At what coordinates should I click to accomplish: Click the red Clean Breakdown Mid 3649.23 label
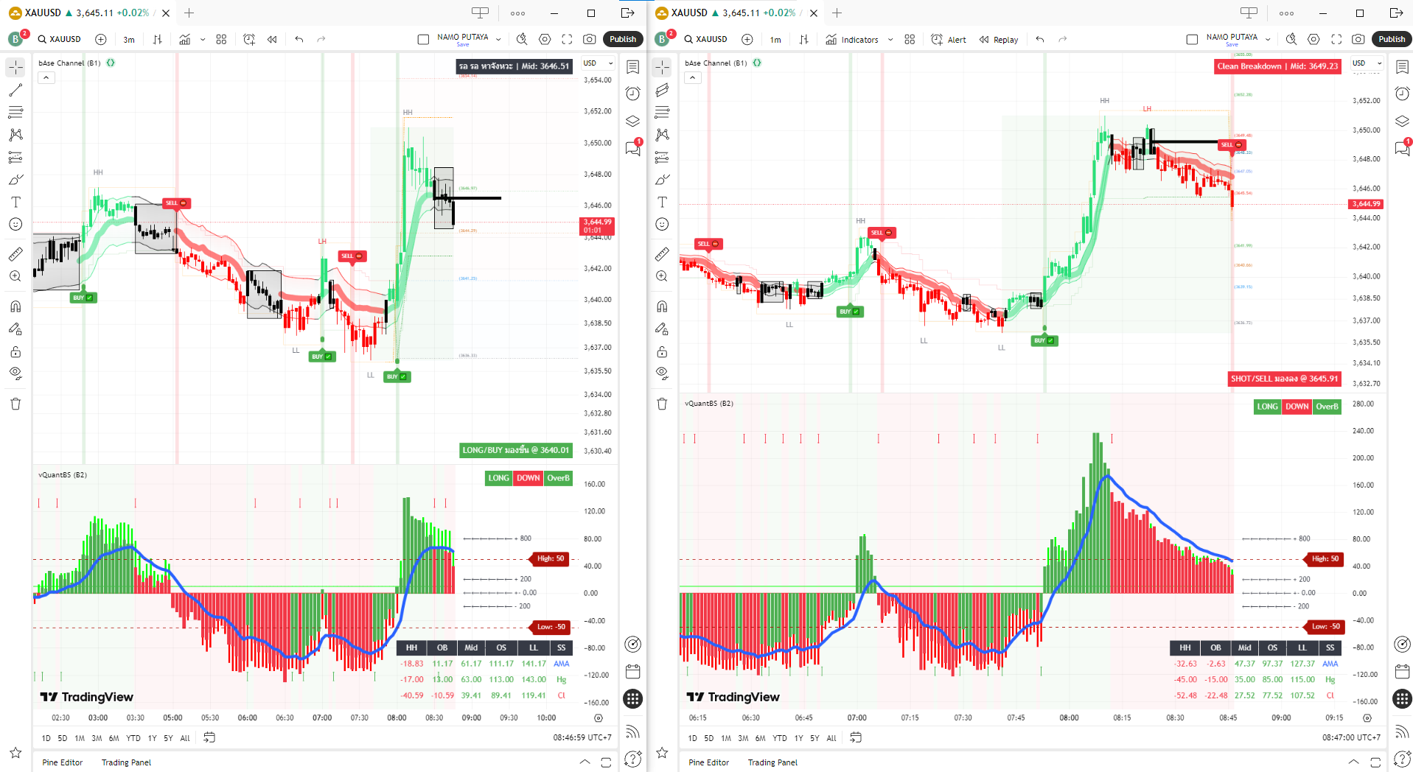pos(1277,66)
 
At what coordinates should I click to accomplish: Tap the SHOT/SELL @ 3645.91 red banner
pos(1284,379)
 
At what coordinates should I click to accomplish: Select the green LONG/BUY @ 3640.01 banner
pos(515,450)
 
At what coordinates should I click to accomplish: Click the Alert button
pos(949,40)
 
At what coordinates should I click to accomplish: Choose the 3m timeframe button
pos(129,40)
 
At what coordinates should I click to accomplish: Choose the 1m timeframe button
pos(775,40)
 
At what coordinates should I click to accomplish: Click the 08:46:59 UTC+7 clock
pos(582,737)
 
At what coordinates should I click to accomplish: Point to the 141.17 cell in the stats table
pos(534,664)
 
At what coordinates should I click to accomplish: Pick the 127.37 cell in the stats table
pos(1302,664)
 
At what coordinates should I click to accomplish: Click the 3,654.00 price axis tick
pos(597,80)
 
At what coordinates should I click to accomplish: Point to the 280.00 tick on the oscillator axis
pos(1363,404)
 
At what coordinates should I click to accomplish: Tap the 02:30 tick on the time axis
pos(60,717)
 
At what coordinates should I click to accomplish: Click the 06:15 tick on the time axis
pos(697,717)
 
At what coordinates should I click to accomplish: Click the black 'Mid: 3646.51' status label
pos(514,66)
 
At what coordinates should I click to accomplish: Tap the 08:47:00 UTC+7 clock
pos(1351,737)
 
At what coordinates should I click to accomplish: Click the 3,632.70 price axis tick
pos(1366,384)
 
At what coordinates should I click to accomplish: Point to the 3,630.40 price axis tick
pos(597,451)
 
